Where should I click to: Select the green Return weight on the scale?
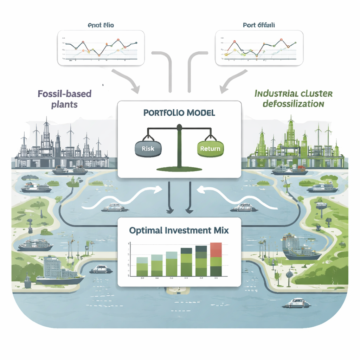(210, 148)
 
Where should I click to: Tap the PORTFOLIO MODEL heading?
(179, 113)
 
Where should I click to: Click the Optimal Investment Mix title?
(179, 231)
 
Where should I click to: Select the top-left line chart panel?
(101, 48)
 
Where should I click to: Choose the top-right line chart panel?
(259, 48)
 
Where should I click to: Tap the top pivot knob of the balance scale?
(179, 127)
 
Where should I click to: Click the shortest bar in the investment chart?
(142, 267)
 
